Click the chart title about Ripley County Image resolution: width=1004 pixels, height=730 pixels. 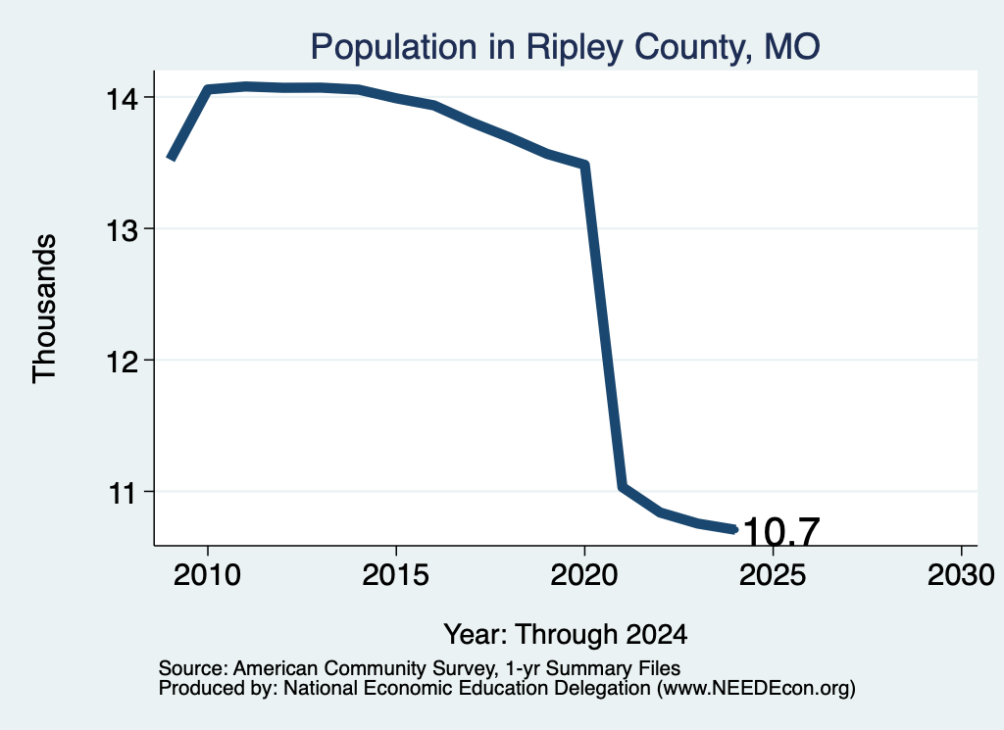pyautogui.click(x=565, y=47)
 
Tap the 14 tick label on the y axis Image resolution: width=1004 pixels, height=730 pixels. pyautogui.click(x=122, y=99)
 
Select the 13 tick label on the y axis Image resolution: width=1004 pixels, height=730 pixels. pyautogui.click(x=122, y=230)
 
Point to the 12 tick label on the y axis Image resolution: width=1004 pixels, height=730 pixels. pyautogui.click(x=122, y=363)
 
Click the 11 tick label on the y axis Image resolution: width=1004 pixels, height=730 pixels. pyautogui.click(x=122, y=493)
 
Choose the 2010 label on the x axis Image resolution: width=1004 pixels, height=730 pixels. pyautogui.click(x=207, y=575)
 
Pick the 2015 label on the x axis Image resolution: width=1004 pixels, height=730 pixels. pyautogui.click(x=395, y=575)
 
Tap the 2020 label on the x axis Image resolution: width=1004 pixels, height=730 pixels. pyautogui.click(x=584, y=575)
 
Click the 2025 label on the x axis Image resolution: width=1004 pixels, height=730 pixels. pyautogui.click(x=773, y=575)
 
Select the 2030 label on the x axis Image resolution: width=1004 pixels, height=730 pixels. pyautogui.click(x=961, y=575)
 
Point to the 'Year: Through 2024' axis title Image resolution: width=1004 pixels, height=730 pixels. pyautogui.click(x=566, y=635)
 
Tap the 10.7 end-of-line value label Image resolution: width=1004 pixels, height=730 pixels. pyautogui.click(x=781, y=532)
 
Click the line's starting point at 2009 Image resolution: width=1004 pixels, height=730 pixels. pyautogui.click(x=171, y=158)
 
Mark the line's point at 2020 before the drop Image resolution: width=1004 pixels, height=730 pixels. pyautogui.click(x=584, y=165)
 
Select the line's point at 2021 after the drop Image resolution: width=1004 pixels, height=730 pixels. pyautogui.click(x=622, y=487)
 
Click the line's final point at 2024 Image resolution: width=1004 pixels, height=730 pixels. pyautogui.click(x=735, y=529)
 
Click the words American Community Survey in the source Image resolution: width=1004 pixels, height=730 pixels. pyautogui.click(x=364, y=668)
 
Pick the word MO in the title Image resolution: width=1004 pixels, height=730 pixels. pyautogui.click(x=792, y=47)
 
